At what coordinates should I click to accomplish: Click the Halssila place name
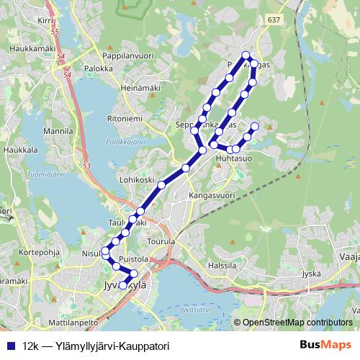221,266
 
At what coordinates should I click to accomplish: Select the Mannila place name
59,132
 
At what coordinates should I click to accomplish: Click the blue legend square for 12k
9,346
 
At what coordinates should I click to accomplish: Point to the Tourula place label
160,242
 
